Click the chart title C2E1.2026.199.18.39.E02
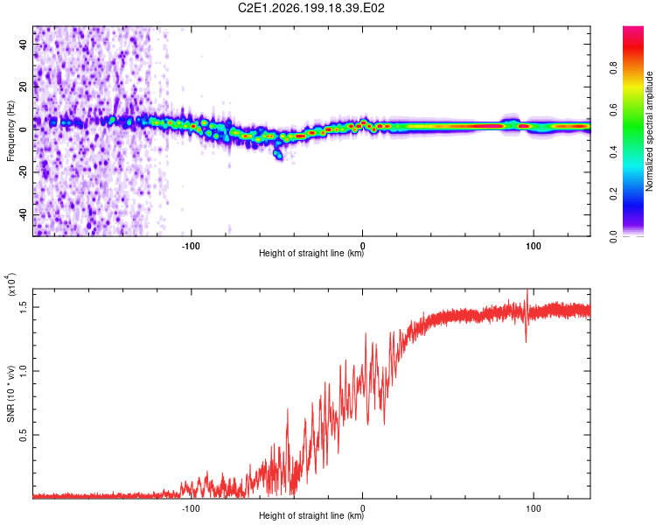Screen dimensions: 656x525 [x=311, y=8]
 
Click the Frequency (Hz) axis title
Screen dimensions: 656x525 [x=10, y=131]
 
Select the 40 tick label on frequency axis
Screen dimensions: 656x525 [x=23, y=45]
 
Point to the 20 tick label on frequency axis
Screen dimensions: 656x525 [x=23, y=87]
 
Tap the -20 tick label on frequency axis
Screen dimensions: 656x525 [x=23, y=171]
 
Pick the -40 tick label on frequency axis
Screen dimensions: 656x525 [x=23, y=213]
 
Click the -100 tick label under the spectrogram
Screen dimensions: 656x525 [x=191, y=246]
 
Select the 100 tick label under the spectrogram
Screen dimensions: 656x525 [x=534, y=246]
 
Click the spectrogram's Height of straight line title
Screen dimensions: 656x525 [x=311, y=253]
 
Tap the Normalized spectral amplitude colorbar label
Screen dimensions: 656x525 [x=649, y=131]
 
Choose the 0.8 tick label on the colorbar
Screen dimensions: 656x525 [x=613, y=67]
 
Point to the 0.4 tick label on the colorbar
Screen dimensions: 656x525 [x=613, y=152]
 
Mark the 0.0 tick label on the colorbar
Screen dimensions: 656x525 [x=613, y=236]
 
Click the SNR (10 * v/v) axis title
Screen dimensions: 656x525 [x=10, y=394]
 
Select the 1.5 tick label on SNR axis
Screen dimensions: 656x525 [x=23, y=307]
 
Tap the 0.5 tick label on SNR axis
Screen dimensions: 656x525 [x=23, y=435]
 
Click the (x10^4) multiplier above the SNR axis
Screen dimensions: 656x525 [x=11, y=284]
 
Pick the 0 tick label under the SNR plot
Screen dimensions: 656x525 [x=362, y=508]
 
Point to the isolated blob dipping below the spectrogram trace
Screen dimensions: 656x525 [x=278, y=154]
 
